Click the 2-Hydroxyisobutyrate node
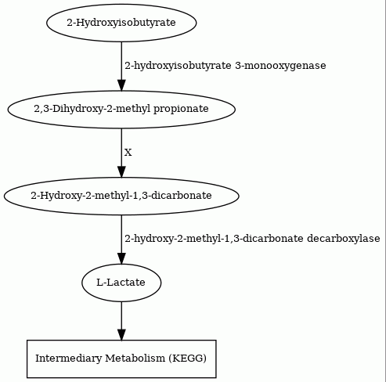(x=121, y=23)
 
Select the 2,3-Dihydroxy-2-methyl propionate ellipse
(x=121, y=110)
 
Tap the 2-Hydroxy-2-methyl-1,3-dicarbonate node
(x=121, y=196)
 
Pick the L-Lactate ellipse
(x=121, y=283)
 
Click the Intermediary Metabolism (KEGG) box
(x=121, y=359)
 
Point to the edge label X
(x=128, y=153)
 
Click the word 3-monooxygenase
(x=280, y=66)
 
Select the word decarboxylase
(x=344, y=239)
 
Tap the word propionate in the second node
(x=181, y=109)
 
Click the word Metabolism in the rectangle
(x=135, y=359)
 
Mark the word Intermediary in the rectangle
(x=68, y=359)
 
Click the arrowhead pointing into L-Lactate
(x=121, y=258)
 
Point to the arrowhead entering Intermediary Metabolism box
(x=121, y=334)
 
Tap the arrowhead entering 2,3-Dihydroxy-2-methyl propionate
(x=121, y=85)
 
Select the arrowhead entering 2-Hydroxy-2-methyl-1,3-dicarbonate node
(x=121, y=171)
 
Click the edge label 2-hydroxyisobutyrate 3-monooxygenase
(x=225, y=66)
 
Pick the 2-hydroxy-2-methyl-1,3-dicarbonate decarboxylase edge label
(x=252, y=239)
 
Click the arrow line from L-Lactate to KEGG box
(x=121, y=321)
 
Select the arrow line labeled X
(x=121, y=153)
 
